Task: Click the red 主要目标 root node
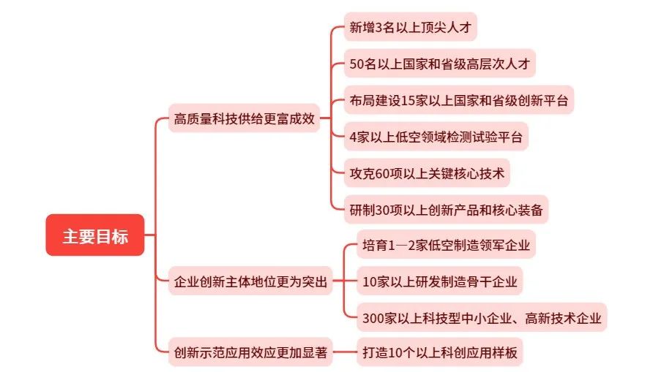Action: [x=95, y=235]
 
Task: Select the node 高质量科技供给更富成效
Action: [x=244, y=118]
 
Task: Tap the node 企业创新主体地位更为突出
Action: [x=250, y=281]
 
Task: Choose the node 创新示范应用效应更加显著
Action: [x=250, y=352]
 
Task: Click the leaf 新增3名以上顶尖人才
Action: [x=410, y=27]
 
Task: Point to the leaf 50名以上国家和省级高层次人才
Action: [x=439, y=64]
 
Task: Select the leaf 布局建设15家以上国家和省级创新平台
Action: [x=458, y=100]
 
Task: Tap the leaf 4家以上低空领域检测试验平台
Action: [x=436, y=137]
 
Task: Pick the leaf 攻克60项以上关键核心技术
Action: [x=427, y=173]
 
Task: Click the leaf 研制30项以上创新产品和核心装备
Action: [x=446, y=210]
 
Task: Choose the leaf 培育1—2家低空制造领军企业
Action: [x=446, y=245]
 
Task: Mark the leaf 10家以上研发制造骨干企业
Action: [x=439, y=281]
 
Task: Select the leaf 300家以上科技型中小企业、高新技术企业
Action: [x=482, y=318]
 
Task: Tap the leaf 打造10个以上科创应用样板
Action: [x=439, y=352]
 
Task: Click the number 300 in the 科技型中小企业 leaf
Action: [x=373, y=319]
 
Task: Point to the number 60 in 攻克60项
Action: [x=382, y=174]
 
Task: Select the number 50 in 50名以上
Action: [x=357, y=64]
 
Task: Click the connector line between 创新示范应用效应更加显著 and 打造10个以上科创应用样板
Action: [x=345, y=352]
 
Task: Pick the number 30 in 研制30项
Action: [x=382, y=210]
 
